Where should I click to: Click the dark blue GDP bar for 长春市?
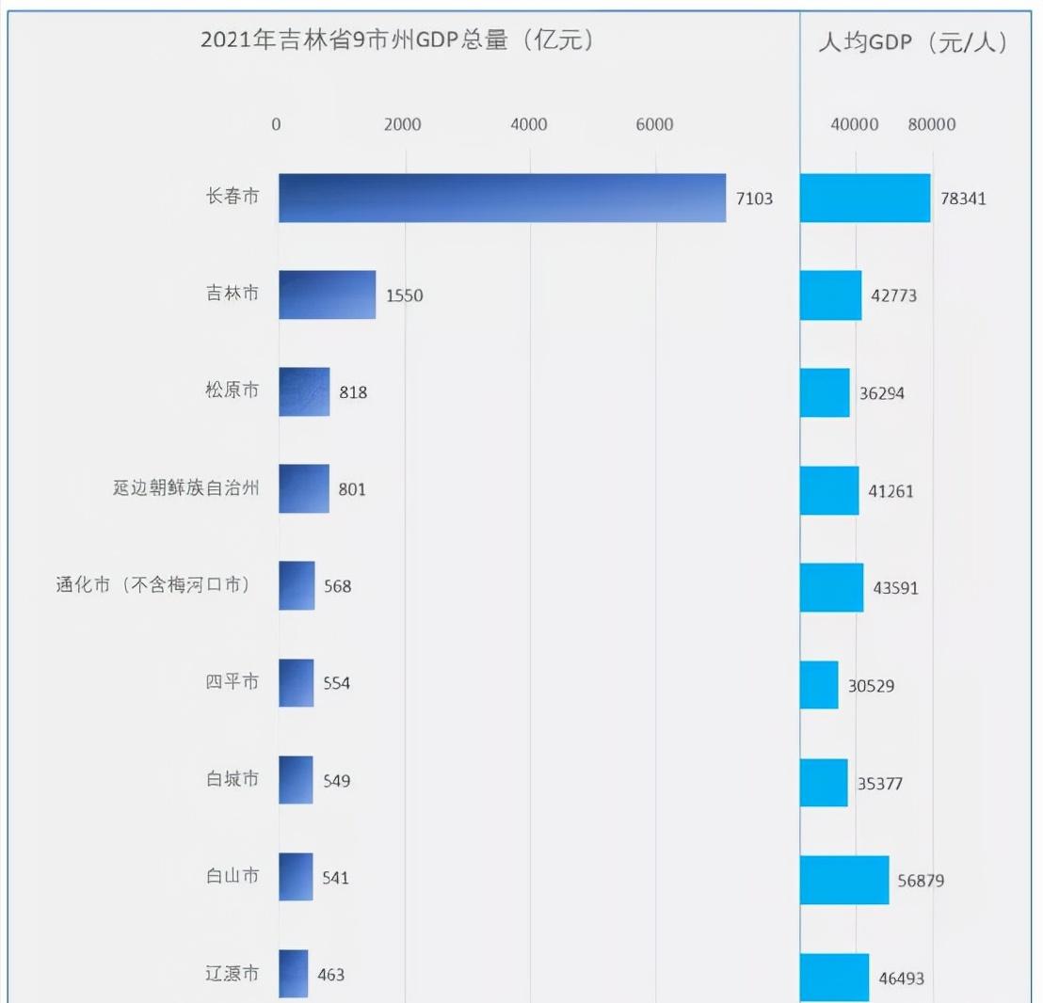tap(502, 198)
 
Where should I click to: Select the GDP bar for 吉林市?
tap(327, 295)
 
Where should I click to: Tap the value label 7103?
tap(754, 199)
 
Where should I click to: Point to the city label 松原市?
tap(233, 390)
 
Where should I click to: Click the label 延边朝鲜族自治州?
tap(185, 488)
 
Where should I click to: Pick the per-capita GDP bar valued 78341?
tap(864, 198)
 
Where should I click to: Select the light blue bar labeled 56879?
tap(843, 880)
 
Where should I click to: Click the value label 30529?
tap(872, 686)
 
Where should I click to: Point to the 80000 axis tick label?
tap(932, 125)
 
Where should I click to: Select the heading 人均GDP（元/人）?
tap(912, 42)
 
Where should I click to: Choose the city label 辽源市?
tap(233, 974)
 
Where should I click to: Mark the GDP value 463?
tap(330, 975)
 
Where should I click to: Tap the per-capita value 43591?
tap(895, 588)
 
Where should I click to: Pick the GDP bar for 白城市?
tap(296, 780)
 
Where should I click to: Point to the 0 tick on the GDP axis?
tap(277, 125)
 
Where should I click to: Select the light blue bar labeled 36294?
tap(825, 392)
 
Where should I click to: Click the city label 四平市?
tap(233, 682)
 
